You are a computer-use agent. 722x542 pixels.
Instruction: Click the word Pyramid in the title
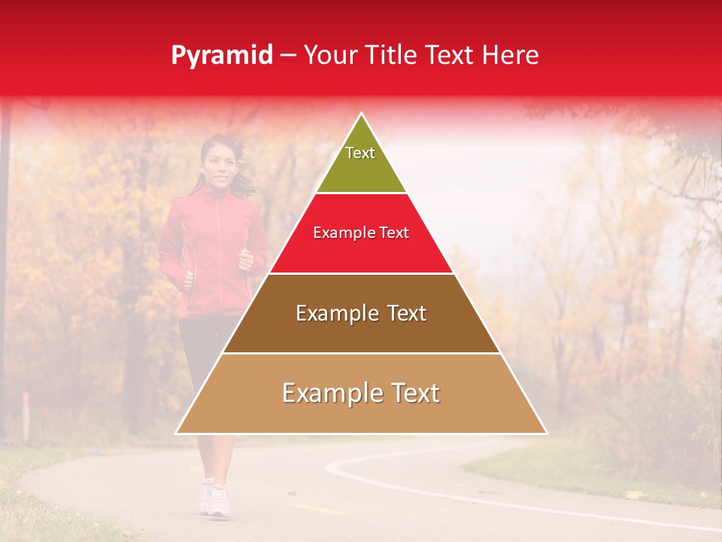pos(222,55)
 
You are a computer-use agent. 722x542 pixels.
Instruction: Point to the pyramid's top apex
pos(362,114)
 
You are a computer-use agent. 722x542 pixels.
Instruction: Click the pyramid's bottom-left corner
pos(177,433)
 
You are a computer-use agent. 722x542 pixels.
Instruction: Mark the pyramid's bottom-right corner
pos(545,433)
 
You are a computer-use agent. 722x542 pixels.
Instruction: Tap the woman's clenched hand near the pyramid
pos(246,260)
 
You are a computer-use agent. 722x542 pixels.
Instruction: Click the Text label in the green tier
pos(360,153)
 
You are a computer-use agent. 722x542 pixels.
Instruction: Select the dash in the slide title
pos(288,55)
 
